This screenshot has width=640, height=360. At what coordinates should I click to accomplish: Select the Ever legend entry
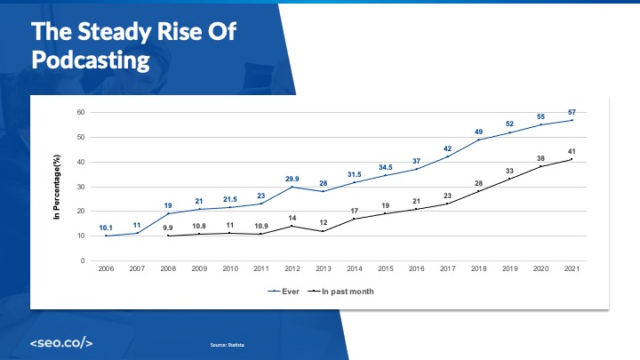[283, 291]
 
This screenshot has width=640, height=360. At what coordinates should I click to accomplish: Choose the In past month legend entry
[344, 291]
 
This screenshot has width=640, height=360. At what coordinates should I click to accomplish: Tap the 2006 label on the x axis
[106, 268]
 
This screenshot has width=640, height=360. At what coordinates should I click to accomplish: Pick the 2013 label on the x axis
[324, 268]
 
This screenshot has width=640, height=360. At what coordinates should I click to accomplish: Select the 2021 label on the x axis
[572, 268]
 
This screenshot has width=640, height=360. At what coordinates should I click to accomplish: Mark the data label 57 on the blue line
[572, 112]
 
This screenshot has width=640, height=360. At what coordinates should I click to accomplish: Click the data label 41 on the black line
[572, 151]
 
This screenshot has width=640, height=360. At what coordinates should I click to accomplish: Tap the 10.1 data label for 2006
[106, 228]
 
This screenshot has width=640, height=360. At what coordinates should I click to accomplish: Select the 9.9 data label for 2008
[168, 228]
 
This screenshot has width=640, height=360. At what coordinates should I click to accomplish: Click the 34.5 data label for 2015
[386, 167]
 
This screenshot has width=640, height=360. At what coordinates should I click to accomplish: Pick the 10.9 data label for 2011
[261, 226]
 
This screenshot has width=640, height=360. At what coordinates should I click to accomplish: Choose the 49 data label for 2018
[478, 132]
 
